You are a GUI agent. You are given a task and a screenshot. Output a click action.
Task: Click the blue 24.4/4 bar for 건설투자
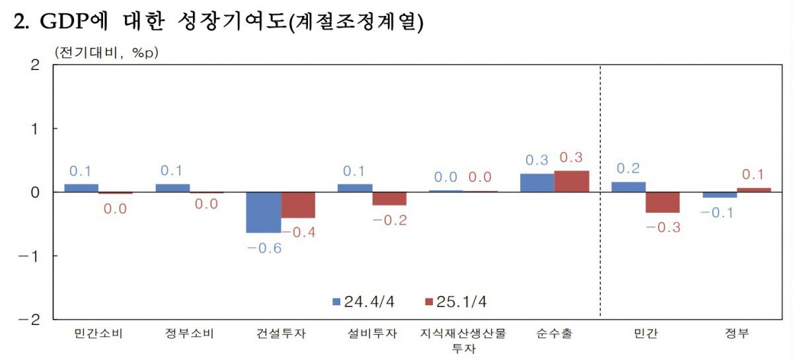tap(263, 212)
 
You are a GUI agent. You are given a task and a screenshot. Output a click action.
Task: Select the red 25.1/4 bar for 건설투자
tap(298, 205)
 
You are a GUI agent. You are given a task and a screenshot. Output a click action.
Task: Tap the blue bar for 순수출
tap(537, 183)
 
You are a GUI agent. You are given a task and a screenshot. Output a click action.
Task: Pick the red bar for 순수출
tap(572, 181)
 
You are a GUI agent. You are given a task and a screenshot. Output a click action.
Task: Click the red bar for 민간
tap(663, 202)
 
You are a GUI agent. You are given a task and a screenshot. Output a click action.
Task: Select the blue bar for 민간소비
tap(81, 188)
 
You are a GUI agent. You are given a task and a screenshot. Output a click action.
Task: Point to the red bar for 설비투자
tap(389, 199)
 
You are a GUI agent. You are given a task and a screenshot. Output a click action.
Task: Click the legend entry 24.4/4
tap(363, 302)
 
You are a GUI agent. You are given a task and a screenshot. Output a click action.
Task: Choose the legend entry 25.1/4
tap(455, 302)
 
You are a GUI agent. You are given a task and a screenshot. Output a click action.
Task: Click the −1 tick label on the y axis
tap(31, 256)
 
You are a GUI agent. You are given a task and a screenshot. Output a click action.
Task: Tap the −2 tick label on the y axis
tap(31, 320)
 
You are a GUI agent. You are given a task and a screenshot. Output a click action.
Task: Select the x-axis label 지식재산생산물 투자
tap(463, 340)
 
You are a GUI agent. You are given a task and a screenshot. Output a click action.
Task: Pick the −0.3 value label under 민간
tap(663, 228)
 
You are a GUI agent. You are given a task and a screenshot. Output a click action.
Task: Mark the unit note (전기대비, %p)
tap(106, 52)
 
